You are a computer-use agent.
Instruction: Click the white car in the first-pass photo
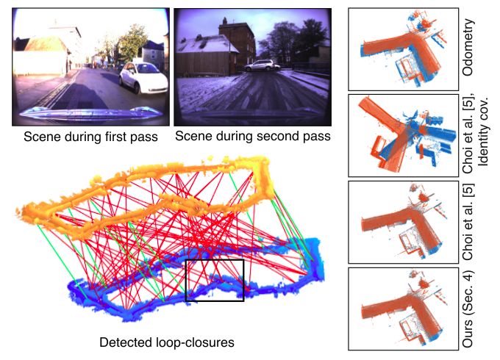(x=143, y=78)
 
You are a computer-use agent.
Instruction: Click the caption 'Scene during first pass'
(x=91, y=137)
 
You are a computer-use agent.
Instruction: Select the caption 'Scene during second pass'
(x=253, y=136)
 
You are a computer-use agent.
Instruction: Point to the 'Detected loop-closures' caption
(x=167, y=342)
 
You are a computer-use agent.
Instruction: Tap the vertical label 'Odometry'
(x=468, y=47)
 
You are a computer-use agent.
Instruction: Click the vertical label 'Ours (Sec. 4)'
(x=468, y=309)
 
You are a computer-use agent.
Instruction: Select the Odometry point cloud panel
(x=404, y=49)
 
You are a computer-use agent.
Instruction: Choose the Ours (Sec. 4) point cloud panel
(x=404, y=309)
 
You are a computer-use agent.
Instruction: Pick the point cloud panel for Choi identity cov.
(x=404, y=135)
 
